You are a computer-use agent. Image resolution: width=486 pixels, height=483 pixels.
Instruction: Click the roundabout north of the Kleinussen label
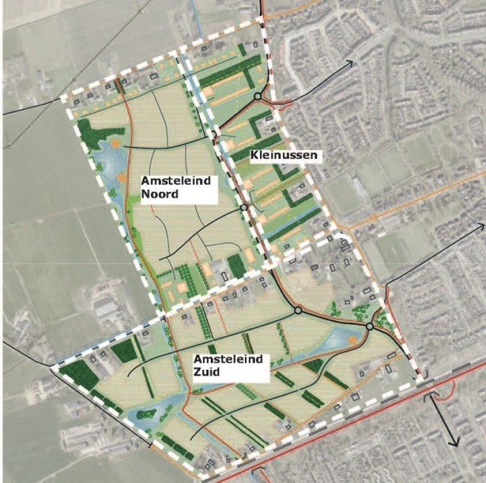pos(258,96)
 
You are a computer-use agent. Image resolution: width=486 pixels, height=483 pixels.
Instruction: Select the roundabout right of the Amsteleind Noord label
pos(244,207)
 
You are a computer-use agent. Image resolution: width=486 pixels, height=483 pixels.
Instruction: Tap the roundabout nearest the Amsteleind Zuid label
pos(297,311)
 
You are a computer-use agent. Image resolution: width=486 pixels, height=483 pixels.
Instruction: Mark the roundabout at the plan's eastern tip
pos(369,326)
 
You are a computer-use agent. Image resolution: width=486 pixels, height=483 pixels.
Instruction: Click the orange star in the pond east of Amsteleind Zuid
pos(350,342)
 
